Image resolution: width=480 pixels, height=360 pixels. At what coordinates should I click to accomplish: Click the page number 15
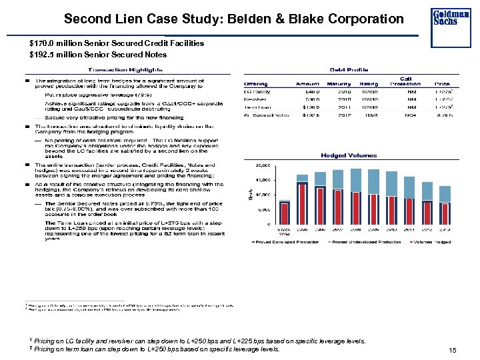point(453,351)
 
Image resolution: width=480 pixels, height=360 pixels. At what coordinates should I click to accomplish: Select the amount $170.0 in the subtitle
point(43,43)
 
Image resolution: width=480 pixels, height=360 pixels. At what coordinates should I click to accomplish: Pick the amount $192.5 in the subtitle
point(43,54)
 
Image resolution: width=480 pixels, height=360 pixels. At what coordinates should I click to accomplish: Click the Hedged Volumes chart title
point(349,155)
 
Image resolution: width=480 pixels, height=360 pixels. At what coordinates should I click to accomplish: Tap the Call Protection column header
point(405,81)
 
